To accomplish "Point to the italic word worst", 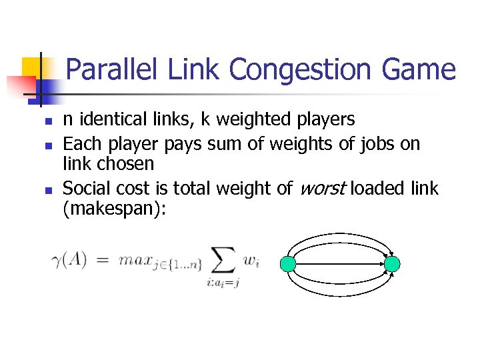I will tap(322, 188).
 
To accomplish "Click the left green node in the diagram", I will tap(288, 264).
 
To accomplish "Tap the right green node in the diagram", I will tap(392, 264).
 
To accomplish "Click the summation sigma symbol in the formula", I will tap(223, 261).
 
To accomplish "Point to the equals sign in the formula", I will tap(103, 261).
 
